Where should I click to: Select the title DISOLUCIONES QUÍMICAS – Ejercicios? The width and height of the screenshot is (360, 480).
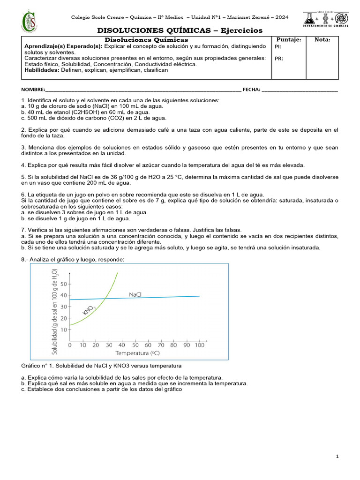coord(180,30)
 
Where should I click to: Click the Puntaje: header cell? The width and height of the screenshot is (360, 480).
coord(289,39)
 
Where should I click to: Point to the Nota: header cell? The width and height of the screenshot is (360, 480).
coord(322,39)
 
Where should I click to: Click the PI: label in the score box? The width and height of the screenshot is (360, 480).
coord(278,47)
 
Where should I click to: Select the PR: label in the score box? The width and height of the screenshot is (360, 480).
coord(278,59)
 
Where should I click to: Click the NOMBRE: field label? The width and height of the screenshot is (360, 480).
coord(33,90)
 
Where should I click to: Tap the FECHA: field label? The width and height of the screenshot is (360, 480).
coord(251,90)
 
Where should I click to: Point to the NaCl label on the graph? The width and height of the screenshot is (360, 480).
coord(136,294)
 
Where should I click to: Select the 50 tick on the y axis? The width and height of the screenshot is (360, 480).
coord(63,284)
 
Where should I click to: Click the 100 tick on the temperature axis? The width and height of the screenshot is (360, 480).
coord(199,345)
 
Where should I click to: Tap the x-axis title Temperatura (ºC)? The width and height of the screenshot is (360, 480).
coord(137,353)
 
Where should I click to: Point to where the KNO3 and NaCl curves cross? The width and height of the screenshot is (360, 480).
coord(105,298)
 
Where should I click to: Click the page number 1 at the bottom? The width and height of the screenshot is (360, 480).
coord(337,457)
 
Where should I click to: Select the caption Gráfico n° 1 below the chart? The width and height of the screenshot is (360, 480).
coord(101,366)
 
